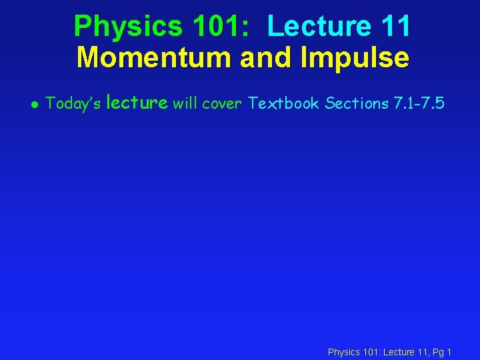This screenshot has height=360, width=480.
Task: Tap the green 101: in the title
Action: [221, 27]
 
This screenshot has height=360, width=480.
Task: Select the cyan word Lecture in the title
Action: [319, 27]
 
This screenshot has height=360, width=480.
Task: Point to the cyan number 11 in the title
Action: [395, 27]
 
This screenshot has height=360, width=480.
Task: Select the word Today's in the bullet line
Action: [73, 103]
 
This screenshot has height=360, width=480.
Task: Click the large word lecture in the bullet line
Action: [137, 102]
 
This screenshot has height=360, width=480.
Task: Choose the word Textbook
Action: [283, 103]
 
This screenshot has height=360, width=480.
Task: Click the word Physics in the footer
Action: [343, 351]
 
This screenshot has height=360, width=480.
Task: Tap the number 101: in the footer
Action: [371, 351]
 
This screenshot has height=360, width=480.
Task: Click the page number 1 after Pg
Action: [450, 351]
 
